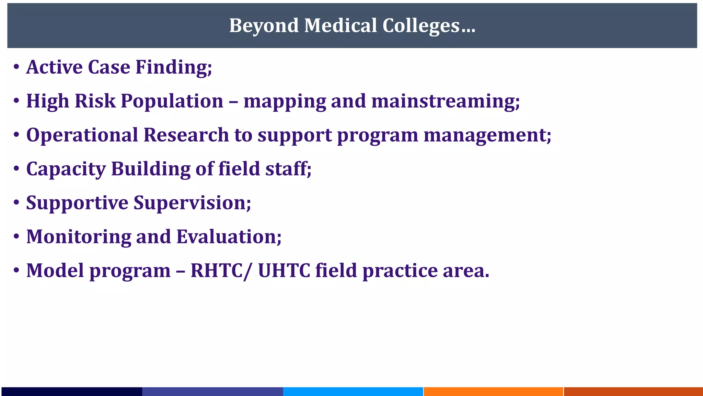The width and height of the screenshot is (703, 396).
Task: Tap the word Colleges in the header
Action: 421,26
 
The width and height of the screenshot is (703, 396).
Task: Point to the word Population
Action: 172,101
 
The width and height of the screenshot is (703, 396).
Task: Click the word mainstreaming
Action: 446,101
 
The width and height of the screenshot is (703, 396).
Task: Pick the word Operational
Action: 82,135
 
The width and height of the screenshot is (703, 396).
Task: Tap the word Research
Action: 186,135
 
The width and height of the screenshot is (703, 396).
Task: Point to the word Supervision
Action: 192,202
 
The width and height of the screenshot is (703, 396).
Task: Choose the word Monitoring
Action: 79,236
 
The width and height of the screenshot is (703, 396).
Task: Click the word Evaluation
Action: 229,236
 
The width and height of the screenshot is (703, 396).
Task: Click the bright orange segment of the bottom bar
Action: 493,391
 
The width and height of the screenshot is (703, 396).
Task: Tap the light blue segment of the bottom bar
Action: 353,391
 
